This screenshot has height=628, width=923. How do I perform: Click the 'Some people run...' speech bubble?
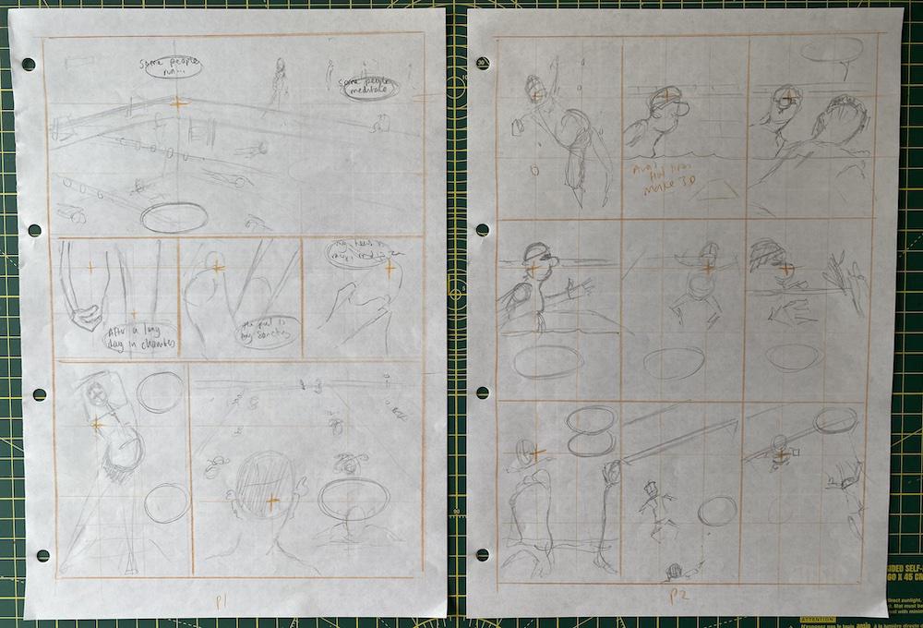[169, 67]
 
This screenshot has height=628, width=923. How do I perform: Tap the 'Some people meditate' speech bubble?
[366, 88]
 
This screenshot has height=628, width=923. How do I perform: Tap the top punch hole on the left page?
[28, 65]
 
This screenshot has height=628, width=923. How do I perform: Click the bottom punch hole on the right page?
[481, 555]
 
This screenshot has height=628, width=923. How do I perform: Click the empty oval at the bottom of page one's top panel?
[173, 216]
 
